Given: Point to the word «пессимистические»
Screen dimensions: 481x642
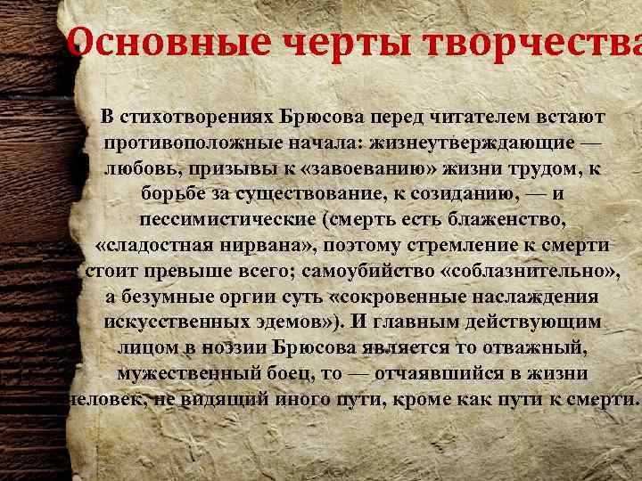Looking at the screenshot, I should [x=227, y=219].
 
